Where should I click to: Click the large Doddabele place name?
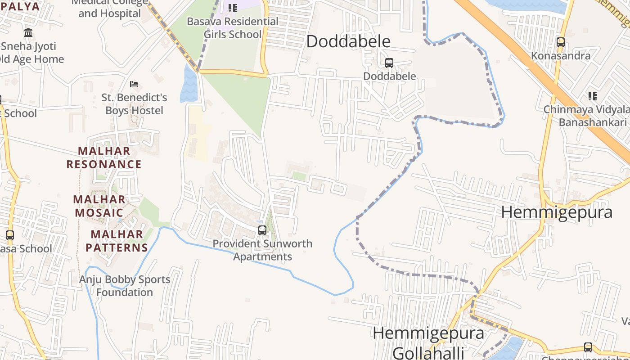[348, 41]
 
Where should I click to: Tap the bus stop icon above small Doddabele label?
[389, 63]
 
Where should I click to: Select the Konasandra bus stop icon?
[560, 42]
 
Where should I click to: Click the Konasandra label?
[561, 56]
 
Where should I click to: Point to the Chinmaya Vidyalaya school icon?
[593, 96]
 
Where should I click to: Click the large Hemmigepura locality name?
[557, 212]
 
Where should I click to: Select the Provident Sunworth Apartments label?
[262, 250]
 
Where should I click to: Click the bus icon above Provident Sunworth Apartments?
[262, 230]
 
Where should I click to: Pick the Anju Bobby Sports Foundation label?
[125, 286]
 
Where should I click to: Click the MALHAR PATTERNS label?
[117, 241]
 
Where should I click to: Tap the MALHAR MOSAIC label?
[99, 206]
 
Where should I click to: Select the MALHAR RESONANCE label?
[104, 157]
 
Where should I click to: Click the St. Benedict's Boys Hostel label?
[134, 104]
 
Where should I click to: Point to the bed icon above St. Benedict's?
[134, 84]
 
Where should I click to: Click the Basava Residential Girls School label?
[233, 28]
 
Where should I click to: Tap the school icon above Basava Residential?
[232, 8]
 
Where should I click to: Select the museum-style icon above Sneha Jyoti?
[28, 32]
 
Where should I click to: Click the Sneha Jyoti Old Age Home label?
[31, 53]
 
